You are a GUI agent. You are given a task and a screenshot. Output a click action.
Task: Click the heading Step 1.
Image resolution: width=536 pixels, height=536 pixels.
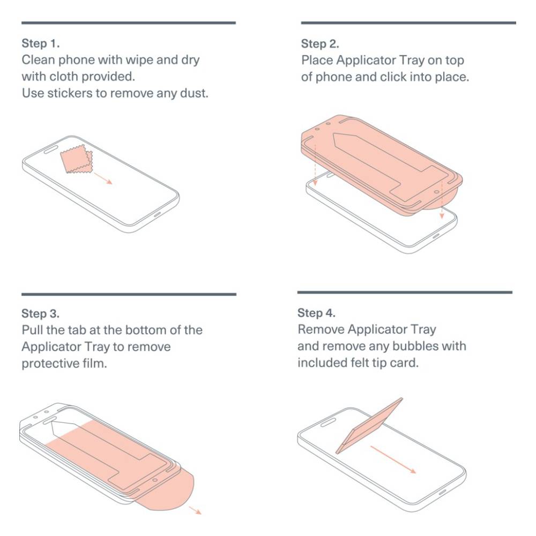point(40,43)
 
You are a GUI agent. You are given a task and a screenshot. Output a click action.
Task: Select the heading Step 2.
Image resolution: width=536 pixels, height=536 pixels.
point(320,44)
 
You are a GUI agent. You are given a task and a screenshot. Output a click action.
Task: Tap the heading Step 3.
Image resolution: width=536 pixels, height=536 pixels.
point(40,314)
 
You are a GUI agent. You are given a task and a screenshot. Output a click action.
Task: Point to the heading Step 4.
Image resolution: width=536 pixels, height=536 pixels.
point(316,313)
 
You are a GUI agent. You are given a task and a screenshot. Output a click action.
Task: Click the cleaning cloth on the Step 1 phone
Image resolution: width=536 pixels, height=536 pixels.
point(76,159)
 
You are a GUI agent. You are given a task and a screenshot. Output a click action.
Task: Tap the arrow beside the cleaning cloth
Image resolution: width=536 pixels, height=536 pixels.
point(103,178)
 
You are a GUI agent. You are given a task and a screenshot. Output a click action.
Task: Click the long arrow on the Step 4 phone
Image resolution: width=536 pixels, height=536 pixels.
point(393,459)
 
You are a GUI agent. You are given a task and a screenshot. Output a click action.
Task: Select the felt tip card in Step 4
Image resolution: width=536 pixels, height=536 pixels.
point(369,426)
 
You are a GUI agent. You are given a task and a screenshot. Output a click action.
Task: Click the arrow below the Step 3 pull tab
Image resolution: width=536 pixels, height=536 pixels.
point(196,510)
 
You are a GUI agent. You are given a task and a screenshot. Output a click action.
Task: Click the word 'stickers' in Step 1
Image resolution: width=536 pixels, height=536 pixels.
point(70,93)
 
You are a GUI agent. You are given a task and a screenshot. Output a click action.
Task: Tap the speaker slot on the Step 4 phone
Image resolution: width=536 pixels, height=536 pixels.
point(328,423)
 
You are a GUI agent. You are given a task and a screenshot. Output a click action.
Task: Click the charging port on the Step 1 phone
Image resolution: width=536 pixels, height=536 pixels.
point(157,215)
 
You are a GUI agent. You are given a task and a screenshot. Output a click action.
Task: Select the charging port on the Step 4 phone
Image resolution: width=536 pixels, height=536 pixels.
point(443,492)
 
